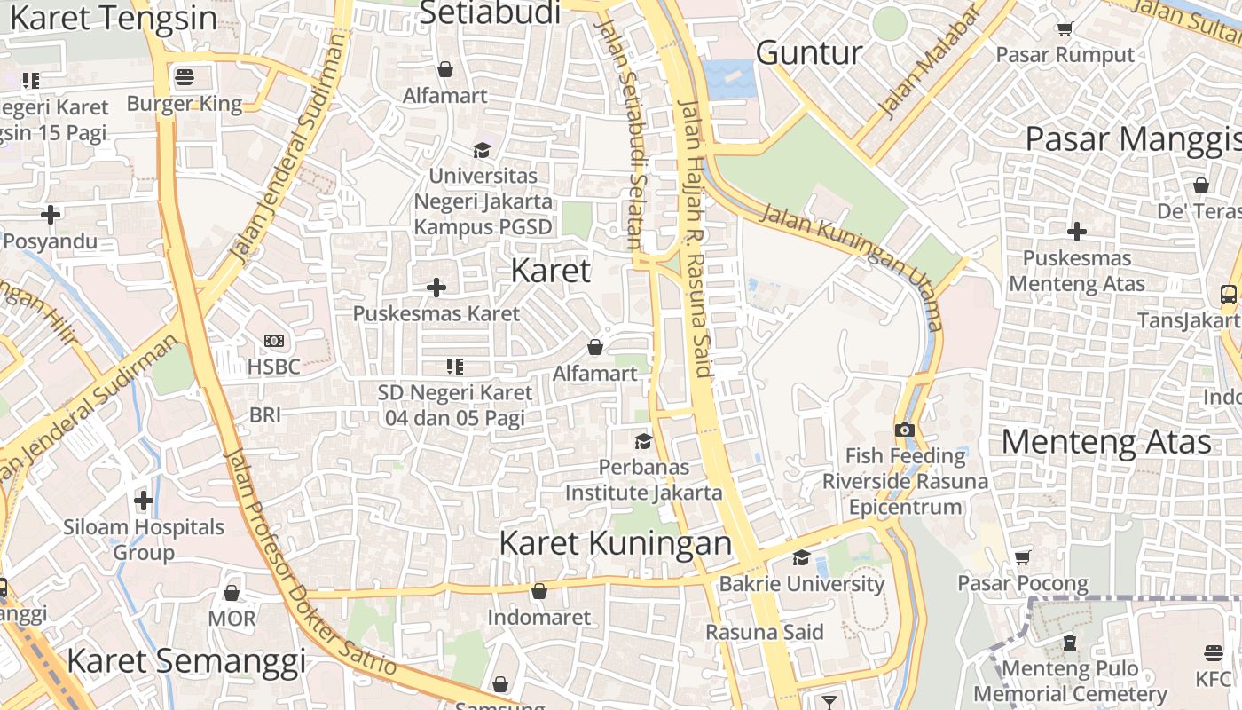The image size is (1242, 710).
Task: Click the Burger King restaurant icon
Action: [x=185, y=77]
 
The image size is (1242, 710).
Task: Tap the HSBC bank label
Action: [x=274, y=366]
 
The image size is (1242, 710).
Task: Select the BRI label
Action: [x=265, y=414]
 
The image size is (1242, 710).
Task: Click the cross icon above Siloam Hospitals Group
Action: [x=144, y=501]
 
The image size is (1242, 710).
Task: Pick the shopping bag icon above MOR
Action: [x=232, y=592]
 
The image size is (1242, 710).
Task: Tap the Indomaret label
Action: [x=538, y=617]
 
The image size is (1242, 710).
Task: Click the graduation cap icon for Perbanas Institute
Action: [x=643, y=441]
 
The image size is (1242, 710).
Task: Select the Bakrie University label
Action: [x=801, y=583]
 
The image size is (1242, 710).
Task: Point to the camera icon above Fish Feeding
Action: [x=904, y=430]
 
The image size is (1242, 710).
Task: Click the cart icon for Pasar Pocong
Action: [x=1022, y=557]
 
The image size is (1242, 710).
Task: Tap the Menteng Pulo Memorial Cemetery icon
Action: [x=1070, y=642]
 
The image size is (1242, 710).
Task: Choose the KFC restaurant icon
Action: [x=1214, y=653]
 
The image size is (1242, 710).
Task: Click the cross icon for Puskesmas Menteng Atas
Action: [x=1077, y=232]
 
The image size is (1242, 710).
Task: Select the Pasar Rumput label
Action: [x=1065, y=55]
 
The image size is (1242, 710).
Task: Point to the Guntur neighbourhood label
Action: [x=809, y=53]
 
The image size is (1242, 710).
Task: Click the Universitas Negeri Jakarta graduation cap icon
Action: [x=482, y=150]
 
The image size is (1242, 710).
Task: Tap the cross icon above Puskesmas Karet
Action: [x=436, y=288]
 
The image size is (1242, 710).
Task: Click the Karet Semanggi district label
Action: [x=186, y=661]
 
